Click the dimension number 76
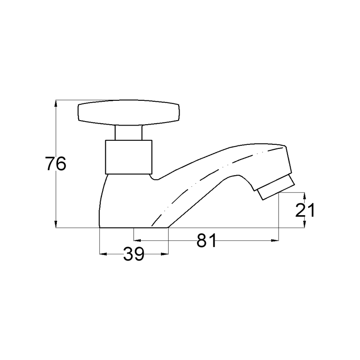tap(55, 164)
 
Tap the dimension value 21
tap(305, 210)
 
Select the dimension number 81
tap(206, 241)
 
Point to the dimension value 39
tap(134, 254)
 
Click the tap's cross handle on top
tap(129, 113)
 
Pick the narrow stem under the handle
tap(128, 133)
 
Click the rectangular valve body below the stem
tap(129, 157)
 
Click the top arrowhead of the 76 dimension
tap(56, 103)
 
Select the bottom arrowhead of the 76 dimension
tap(56, 224)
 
